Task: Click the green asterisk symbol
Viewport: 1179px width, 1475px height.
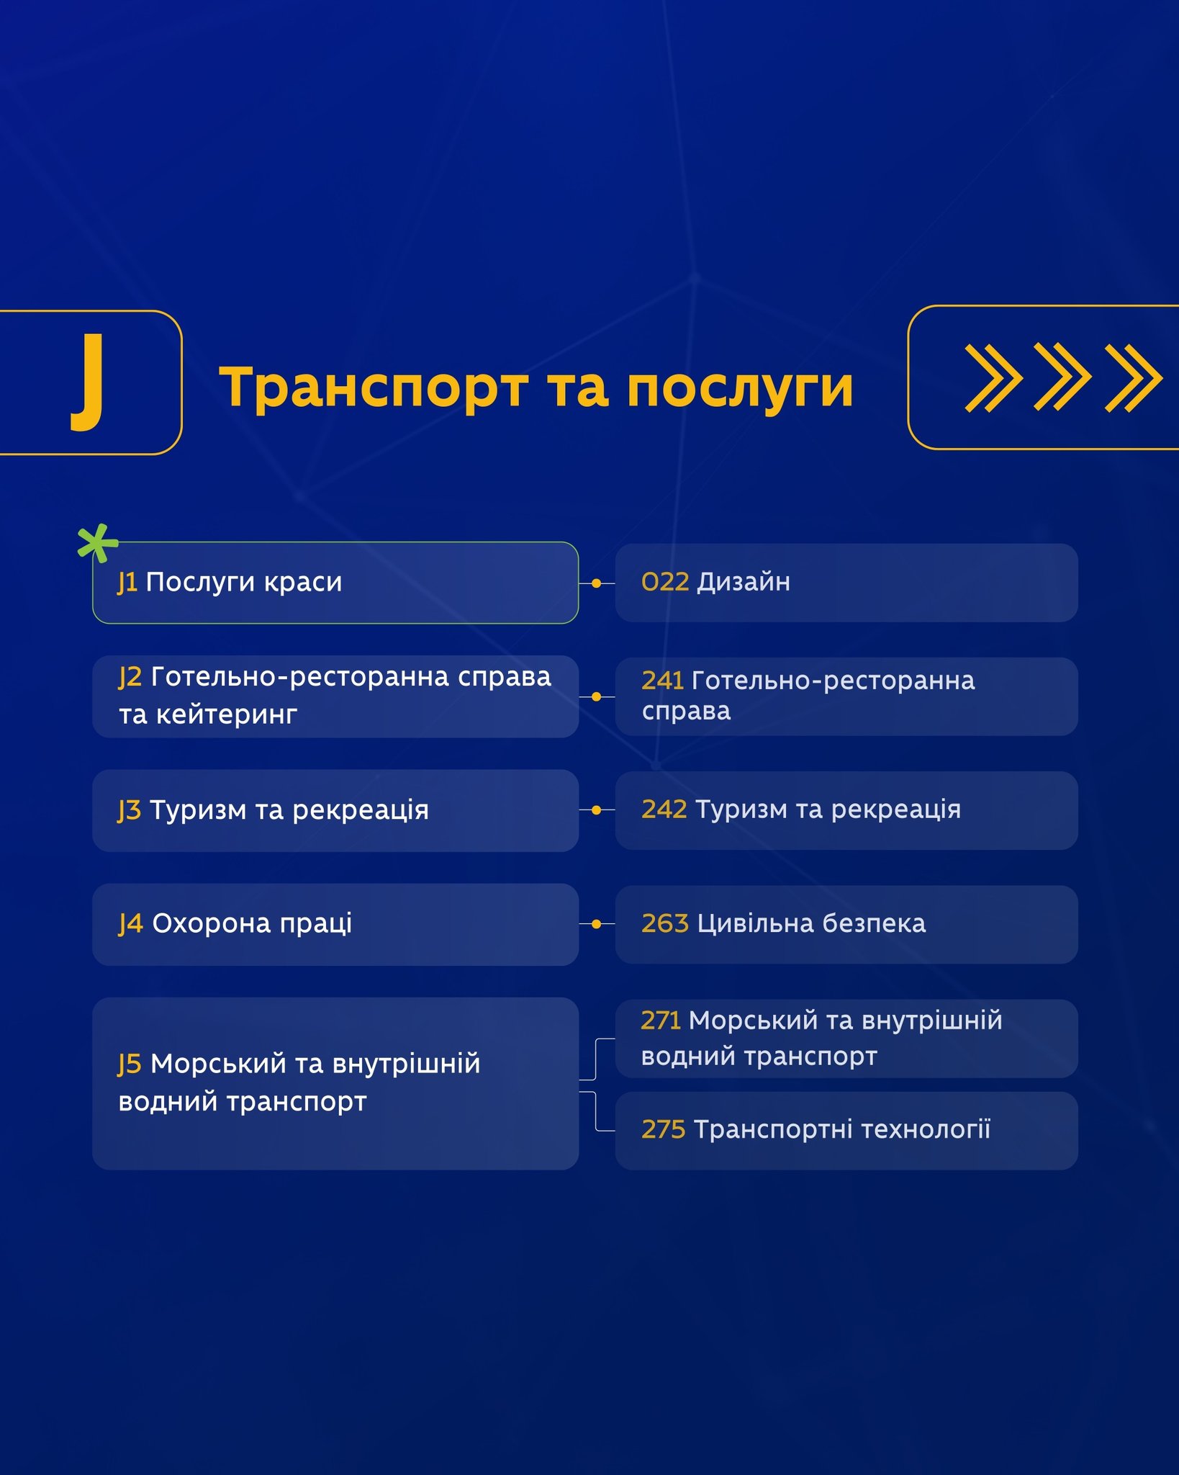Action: click(96, 542)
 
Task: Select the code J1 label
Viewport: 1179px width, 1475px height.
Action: click(127, 583)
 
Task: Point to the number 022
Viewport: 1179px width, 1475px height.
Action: click(665, 582)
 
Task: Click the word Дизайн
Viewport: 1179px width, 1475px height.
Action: click(744, 582)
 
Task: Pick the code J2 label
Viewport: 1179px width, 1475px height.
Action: click(130, 678)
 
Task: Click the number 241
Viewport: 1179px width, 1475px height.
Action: click(662, 680)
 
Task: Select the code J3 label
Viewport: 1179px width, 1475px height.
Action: click(130, 811)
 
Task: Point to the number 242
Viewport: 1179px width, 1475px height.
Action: click(664, 810)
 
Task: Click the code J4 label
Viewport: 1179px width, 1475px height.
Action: click(131, 924)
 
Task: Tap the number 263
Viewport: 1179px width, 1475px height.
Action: click(665, 923)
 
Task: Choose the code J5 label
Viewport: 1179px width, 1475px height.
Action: click(130, 1064)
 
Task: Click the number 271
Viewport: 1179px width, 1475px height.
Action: click(661, 1021)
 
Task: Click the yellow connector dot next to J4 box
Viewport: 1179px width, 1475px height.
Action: click(596, 924)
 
